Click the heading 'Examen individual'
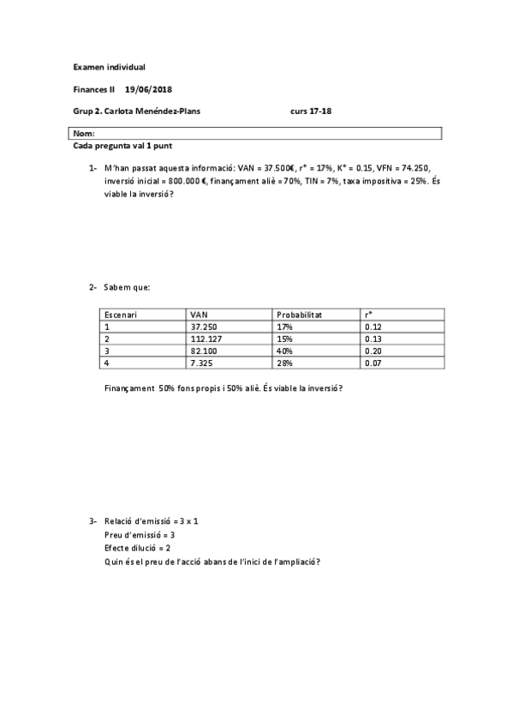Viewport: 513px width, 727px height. tap(109, 66)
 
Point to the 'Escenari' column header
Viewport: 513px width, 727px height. tap(122, 315)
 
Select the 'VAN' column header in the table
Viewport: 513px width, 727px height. tap(199, 315)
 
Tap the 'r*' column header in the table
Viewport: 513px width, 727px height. tap(368, 315)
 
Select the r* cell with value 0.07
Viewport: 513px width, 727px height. tap(372, 363)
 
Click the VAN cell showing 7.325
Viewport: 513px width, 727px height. tap(201, 363)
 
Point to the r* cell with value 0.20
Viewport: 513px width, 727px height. tap(372, 351)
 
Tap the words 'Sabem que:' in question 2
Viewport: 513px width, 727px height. tap(127, 286)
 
